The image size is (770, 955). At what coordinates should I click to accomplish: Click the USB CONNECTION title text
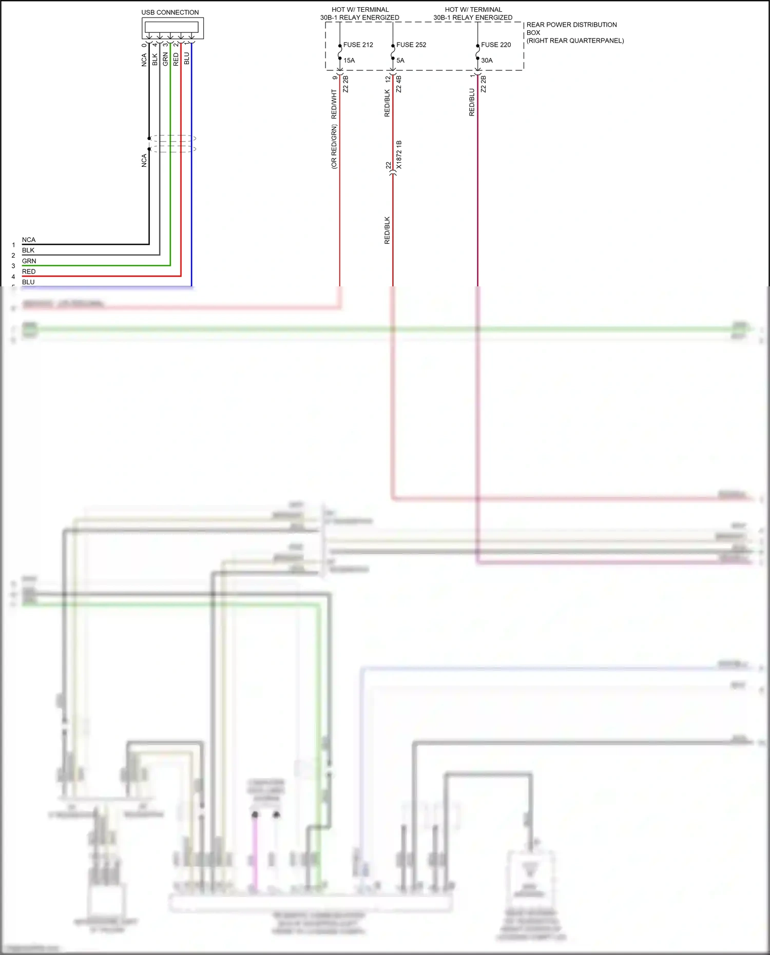coord(170,12)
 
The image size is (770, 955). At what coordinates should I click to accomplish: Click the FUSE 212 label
coord(358,45)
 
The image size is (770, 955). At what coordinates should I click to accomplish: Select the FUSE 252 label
coord(411,45)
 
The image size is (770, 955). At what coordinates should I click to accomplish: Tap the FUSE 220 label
coord(496,45)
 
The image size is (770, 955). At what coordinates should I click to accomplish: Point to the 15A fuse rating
coord(349,61)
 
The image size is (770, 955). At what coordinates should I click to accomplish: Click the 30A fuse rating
coord(487,61)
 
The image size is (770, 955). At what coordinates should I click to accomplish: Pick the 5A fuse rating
coord(400,61)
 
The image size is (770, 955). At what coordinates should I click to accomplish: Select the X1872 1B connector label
coord(399,155)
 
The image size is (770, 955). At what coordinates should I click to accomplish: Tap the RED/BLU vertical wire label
coord(472,102)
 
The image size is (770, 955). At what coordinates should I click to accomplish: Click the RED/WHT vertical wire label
coord(334,104)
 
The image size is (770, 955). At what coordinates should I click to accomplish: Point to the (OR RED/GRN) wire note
coord(334,147)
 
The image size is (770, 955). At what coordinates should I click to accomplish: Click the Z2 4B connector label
coord(399,84)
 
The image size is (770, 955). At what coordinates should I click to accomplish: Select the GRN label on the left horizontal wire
coord(29,261)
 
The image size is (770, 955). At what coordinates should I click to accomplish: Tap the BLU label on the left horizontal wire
coord(28,282)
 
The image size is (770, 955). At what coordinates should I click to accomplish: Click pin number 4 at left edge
coord(13,277)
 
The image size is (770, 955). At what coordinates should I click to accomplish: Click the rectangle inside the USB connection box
coord(171,27)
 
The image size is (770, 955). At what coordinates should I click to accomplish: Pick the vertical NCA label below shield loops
coord(144,161)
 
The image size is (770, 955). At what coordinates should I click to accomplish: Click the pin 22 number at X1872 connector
coord(389,165)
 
